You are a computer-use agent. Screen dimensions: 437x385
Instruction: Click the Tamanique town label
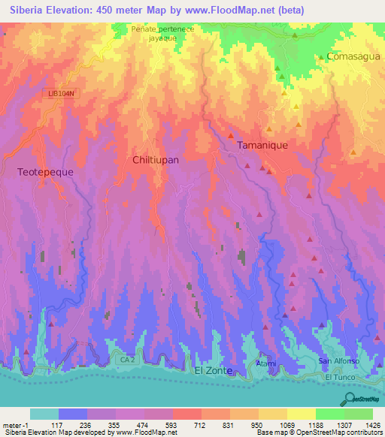click(x=262, y=145)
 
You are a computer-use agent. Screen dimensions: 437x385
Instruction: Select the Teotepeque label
click(x=45, y=171)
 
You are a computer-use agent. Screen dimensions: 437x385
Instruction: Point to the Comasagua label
click(x=350, y=56)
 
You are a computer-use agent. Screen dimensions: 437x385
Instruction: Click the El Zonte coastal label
click(x=212, y=371)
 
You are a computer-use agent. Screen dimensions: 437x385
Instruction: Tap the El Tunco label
click(x=339, y=375)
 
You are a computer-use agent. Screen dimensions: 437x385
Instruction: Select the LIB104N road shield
click(x=62, y=92)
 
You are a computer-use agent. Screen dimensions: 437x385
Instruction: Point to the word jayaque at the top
click(x=152, y=36)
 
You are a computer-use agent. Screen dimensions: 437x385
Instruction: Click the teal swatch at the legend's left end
click(x=44, y=414)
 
